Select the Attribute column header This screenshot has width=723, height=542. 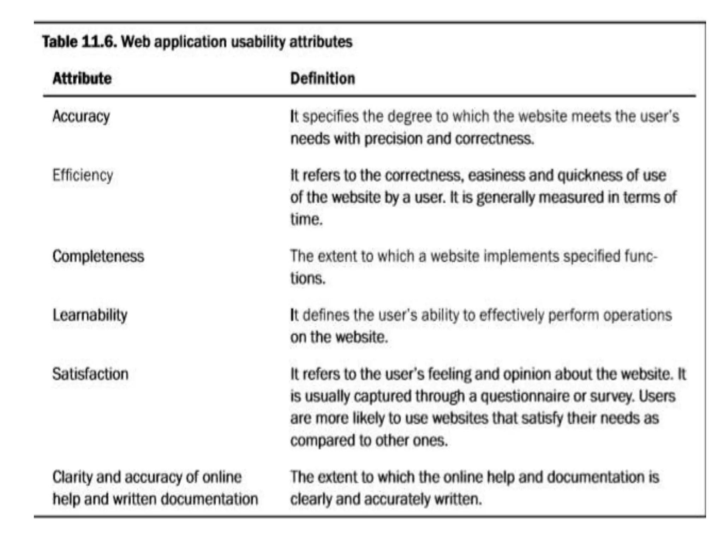tap(82, 78)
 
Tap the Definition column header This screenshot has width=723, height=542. tap(323, 78)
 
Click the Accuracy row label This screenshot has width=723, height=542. tap(81, 116)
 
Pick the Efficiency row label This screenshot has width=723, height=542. tap(83, 175)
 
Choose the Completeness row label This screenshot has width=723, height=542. tap(98, 256)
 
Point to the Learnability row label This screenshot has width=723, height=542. tap(90, 315)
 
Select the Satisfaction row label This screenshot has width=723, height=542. tap(90, 374)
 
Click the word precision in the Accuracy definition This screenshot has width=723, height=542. tap(393, 139)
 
